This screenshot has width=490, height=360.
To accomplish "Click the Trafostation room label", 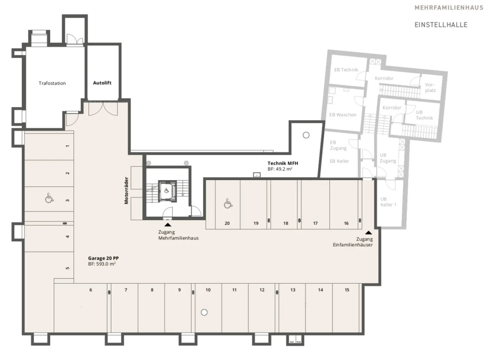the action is point(52,83).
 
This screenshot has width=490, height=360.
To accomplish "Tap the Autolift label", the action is point(102,83).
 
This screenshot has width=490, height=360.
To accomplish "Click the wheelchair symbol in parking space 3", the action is point(49,198).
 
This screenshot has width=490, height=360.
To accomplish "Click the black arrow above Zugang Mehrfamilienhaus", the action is point(168,225).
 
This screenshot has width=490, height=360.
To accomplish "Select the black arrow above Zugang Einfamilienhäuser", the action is point(369,233).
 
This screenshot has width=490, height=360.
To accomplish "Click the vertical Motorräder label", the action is point(126,191).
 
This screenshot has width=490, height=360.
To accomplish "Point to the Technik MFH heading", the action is point(283,163).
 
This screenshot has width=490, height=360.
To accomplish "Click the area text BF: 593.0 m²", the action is point(102,264).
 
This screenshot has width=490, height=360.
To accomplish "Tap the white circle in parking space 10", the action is point(204,312).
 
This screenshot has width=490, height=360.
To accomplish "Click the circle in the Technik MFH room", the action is point(306,135).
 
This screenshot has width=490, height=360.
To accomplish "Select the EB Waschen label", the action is point(343,115).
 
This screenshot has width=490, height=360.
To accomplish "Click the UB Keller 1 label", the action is point(388,202).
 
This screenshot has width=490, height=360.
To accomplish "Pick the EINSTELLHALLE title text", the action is point(441,25).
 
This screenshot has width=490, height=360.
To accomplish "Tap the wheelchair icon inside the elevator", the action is point(167,191).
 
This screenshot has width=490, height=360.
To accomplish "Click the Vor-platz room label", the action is point(430,87).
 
